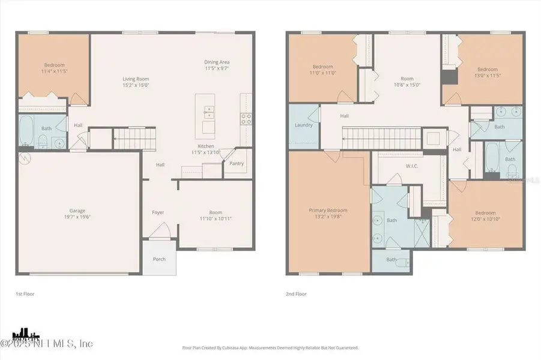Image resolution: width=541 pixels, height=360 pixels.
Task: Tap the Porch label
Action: [159, 259]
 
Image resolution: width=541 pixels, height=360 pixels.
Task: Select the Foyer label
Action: [158, 212]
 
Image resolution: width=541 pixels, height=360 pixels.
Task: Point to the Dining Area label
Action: [217, 62]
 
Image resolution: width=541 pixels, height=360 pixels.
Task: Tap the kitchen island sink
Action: [207, 110]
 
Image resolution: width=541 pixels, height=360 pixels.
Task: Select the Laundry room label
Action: [303, 125]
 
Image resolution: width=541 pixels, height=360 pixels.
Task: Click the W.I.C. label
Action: [411, 166]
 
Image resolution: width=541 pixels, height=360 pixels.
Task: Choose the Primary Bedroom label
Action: [328, 210]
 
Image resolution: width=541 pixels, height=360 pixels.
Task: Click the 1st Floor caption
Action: [24, 295]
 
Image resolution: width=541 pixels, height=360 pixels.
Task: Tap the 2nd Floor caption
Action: [295, 295]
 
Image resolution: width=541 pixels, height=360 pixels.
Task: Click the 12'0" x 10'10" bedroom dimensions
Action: [485, 219]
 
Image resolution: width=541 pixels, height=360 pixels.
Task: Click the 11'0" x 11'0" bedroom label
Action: [322, 67]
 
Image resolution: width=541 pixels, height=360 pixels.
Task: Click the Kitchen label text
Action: [206, 146]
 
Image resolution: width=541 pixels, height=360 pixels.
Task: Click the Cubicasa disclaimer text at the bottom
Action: [270, 347]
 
